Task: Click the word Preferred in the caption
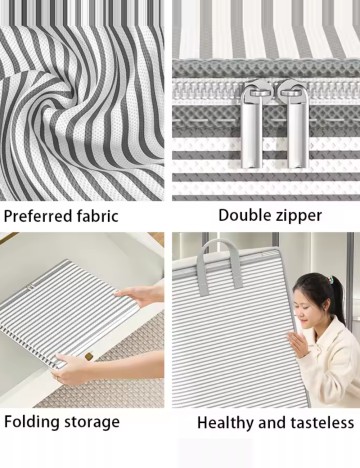tap(37, 216)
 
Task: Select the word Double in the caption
tap(244, 215)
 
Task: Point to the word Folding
tap(32, 422)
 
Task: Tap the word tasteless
tap(322, 423)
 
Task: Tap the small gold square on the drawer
tap(89, 356)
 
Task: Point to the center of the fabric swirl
tap(80, 97)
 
